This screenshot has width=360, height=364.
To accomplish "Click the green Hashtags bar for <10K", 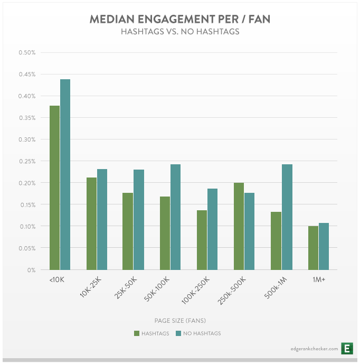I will [54, 188].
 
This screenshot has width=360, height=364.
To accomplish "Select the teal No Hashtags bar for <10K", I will [65, 174].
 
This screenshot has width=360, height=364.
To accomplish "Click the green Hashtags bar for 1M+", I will [313, 248].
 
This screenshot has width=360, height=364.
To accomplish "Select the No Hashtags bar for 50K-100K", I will [175, 217].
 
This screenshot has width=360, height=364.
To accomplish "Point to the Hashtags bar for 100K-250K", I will [202, 240].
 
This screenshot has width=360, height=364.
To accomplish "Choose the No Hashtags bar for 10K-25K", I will [101, 219].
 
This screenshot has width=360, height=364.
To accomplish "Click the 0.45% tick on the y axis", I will [26, 74].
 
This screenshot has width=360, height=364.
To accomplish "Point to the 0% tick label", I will [31, 270].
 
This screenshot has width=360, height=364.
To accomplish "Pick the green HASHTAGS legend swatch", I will [137, 333].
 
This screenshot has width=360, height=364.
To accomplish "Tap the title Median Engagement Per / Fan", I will [179, 20].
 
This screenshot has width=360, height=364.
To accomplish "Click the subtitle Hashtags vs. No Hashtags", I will [179, 32].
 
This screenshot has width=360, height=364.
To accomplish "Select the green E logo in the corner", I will [347, 348].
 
